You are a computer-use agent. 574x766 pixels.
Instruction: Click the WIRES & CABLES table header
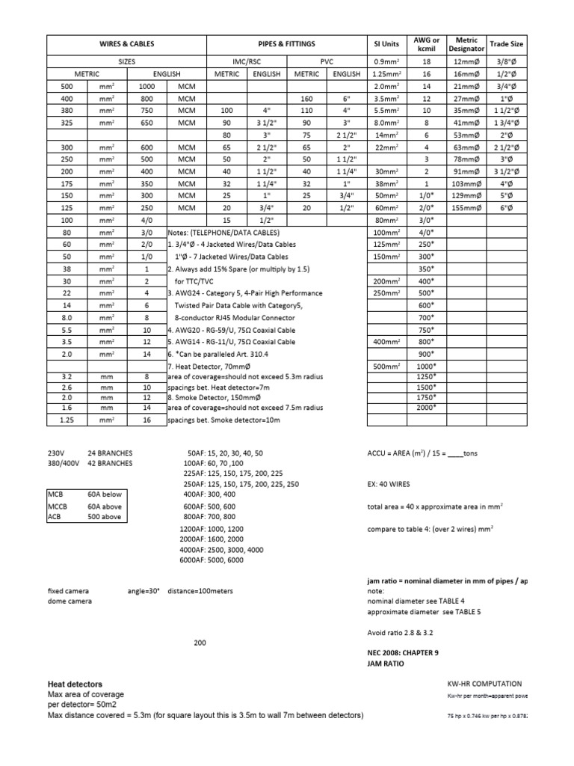[x=127, y=44]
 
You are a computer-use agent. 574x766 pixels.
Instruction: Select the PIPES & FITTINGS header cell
[x=288, y=44]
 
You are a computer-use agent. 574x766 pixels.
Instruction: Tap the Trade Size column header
[x=506, y=44]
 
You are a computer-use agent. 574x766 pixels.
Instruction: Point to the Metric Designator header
[x=466, y=44]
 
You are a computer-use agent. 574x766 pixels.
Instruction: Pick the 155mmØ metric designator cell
[x=466, y=209]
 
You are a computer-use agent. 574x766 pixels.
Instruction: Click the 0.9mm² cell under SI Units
[x=386, y=63]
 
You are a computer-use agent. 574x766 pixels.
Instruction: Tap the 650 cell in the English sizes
[x=146, y=123]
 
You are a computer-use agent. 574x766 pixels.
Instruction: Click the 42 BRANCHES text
[x=110, y=463]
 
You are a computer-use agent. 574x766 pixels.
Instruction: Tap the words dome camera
[x=70, y=601]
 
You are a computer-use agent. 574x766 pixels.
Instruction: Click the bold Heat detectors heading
[x=75, y=684]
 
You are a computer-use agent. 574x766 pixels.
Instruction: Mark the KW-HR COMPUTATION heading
[x=484, y=684]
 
